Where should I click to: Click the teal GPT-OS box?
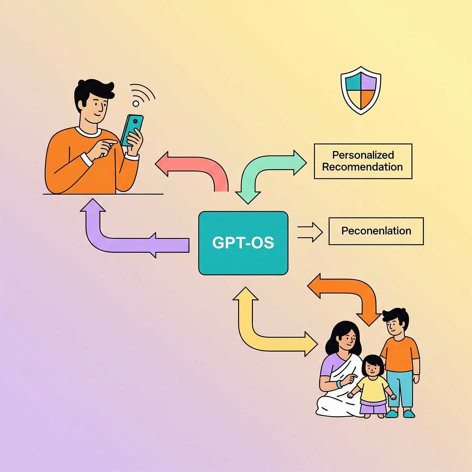[243, 243]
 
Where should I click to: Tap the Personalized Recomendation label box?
[363, 161]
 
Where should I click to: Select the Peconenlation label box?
[376, 231]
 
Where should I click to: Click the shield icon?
[361, 90]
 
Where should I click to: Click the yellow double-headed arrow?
[260, 330]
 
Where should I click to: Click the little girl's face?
[372, 368]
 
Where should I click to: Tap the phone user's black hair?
[94, 88]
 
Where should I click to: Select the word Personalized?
[363, 155]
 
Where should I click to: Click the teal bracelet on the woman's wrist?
[339, 384]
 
